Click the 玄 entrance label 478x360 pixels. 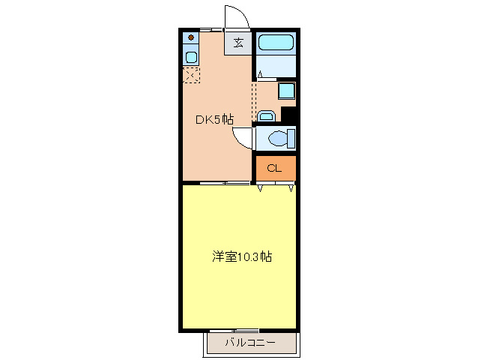(238, 43)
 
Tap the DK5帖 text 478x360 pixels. (214, 119)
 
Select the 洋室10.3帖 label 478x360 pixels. (240, 256)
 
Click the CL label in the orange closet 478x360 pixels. (274, 168)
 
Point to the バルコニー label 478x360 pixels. (250, 343)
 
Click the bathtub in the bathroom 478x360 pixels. (276, 43)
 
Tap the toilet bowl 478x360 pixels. (279, 139)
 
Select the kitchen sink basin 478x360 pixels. (191, 57)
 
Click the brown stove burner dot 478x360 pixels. (191, 37)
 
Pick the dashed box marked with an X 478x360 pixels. (190, 74)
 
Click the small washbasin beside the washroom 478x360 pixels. (266, 115)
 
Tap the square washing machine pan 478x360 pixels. (286, 91)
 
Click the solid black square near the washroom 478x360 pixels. (290, 115)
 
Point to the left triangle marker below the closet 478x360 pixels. (261, 187)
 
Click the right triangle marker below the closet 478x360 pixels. (290, 187)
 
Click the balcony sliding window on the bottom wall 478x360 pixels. (234, 331)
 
